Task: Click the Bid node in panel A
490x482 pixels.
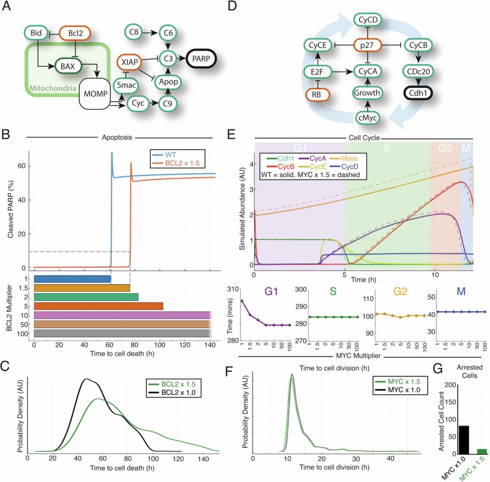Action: point(36,33)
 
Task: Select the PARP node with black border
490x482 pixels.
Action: point(201,59)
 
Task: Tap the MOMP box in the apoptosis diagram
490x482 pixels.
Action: point(95,94)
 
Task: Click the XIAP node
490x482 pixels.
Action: point(129,62)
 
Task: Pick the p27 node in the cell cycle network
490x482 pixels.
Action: point(367,45)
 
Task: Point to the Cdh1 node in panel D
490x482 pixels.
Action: point(418,93)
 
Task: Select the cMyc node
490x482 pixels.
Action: point(367,118)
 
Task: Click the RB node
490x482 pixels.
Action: point(316,95)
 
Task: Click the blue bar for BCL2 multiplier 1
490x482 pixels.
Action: point(72,279)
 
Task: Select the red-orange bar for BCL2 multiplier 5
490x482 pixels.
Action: point(98,306)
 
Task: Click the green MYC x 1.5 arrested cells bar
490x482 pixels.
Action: point(482,451)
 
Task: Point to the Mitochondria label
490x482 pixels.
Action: point(53,88)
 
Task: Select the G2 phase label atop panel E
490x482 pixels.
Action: point(445,148)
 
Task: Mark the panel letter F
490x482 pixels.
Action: point(229,371)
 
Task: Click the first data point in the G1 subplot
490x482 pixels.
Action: point(242,301)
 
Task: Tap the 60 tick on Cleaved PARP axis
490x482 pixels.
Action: point(21,166)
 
